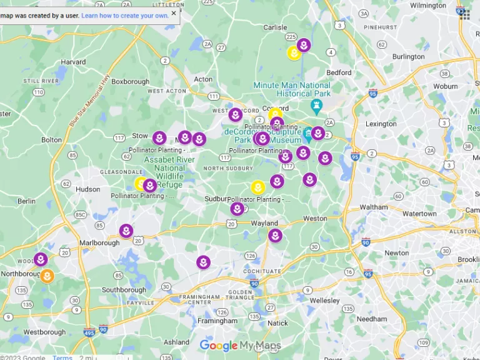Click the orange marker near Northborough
pyautogui.click(x=47, y=276)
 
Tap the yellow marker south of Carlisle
pyautogui.click(x=294, y=54)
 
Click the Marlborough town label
pyautogui.click(x=99, y=242)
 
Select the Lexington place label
pyautogui.click(x=381, y=124)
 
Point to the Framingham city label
pyautogui.click(x=217, y=321)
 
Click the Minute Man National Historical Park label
pyautogui.click(x=292, y=89)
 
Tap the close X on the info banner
pyautogui.click(x=174, y=13)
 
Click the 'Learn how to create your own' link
pyautogui.click(x=125, y=15)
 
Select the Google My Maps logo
pyautogui.click(x=240, y=346)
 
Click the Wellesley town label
pyautogui.click(x=324, y=301)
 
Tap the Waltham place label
pyautogui.click(x=374, y=207)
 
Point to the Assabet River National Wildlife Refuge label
pyautogui.click(x=164, y=172)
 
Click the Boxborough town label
pyautogui.click(x=131, y=81)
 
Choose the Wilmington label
pyautogui.click(x=428, y=6)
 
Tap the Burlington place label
pyautogui.click(x=408, y=56)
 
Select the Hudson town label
pyautogui.click(x=87, y=189)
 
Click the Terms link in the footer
pyautogui.click(x=62, y=357)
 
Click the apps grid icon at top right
pyautogui.click(x=465, y=14)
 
